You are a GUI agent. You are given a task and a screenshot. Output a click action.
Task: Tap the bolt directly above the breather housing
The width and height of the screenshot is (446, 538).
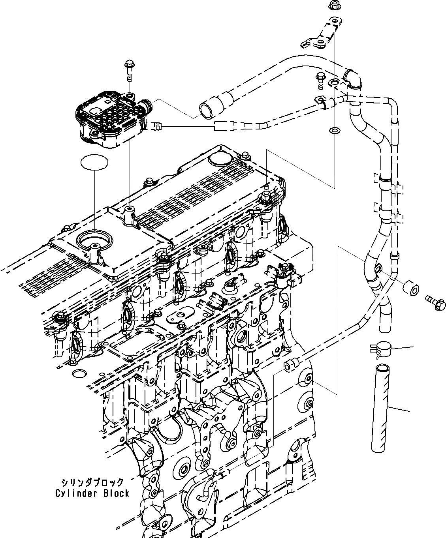pyautogui.click(x=129, y=67)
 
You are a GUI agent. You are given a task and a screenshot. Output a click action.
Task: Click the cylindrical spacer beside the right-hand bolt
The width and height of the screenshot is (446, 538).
pyautogui.click(x=410, y=289)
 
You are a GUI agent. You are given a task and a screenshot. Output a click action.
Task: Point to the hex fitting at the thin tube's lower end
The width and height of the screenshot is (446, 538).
pyautogui.click(x=290, y=365)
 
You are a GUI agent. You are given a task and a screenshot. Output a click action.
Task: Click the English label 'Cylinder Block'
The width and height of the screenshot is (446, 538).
pyautogui.click(x=92, y=493)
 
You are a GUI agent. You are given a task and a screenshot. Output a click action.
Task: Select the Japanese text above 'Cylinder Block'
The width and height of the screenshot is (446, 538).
pyautogui.click(x=92, y=483)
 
